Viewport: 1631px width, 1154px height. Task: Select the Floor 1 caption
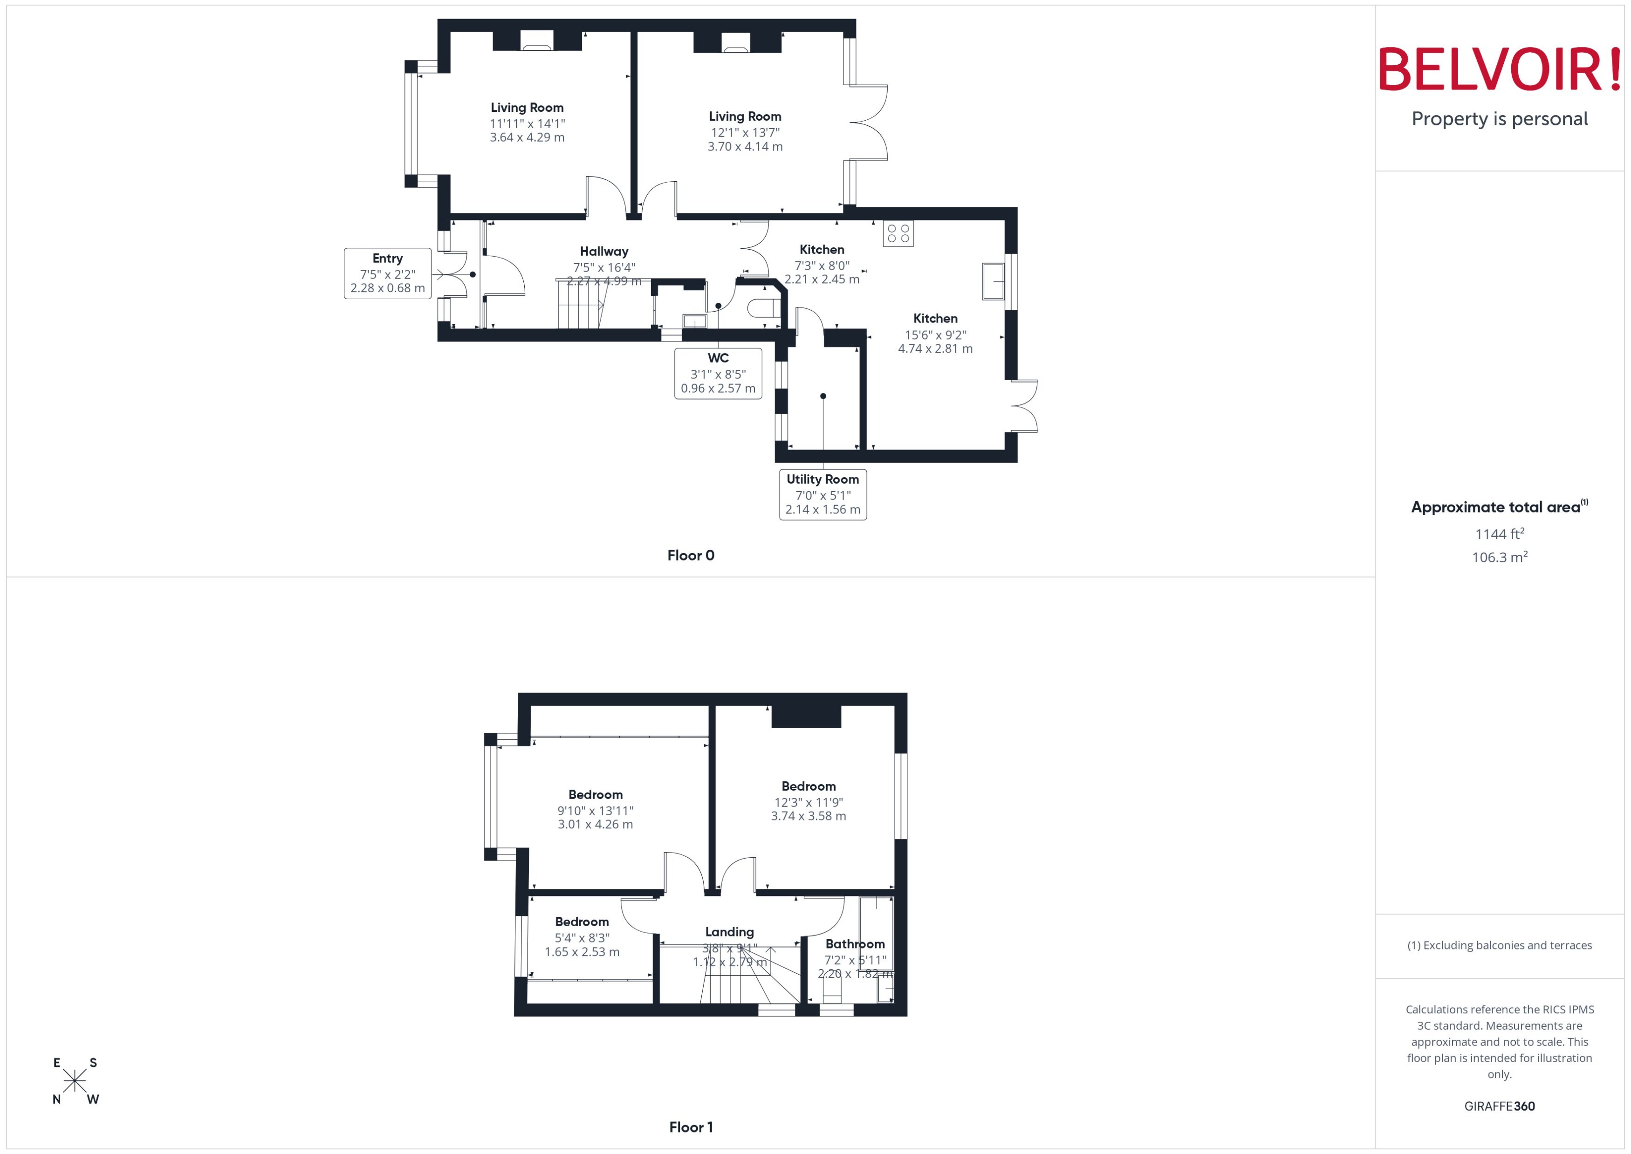click(x=690, y=1127)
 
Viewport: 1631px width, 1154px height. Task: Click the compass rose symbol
click(x=75, y=1081)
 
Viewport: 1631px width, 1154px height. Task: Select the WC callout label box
click(x=718, y=373)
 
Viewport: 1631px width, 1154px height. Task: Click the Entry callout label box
click(x=387, y=273)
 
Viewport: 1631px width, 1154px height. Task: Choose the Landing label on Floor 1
click(x=729, y=932)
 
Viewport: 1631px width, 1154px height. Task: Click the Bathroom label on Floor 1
click(x=855, y=944)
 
